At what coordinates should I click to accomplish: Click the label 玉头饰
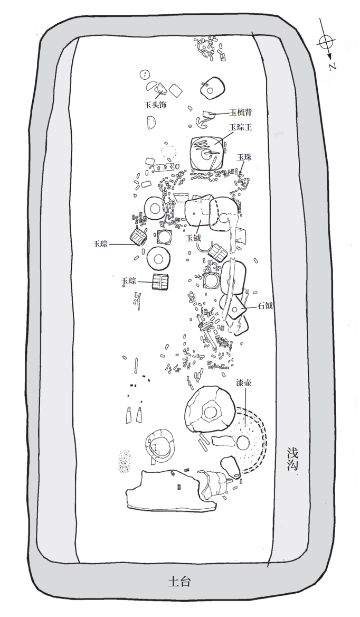point(155,106)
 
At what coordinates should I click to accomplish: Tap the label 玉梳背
point(240,113)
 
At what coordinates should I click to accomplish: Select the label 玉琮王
point(240,127)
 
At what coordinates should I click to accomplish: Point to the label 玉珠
point(244,157)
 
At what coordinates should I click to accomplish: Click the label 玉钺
point(194,238)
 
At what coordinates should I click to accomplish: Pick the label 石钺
point(265,305)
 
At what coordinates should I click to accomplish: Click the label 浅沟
point(293,460)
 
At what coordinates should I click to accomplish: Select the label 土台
point(179,582)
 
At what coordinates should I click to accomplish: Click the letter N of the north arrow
point(333,66)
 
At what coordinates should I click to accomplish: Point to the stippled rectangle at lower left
point(125,461)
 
